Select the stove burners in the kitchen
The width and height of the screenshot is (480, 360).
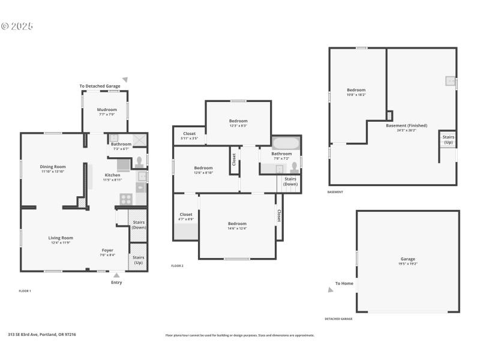127,199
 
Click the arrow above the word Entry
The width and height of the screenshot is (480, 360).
116,275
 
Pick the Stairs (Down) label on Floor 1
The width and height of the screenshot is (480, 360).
139,225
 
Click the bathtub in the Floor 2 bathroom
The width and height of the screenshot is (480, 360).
286,143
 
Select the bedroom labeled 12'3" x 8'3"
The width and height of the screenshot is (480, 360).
238,123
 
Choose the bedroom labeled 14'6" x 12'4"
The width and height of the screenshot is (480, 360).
238,226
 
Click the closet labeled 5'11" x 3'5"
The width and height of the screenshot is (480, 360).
189,136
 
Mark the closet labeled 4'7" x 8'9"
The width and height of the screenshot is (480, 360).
186,216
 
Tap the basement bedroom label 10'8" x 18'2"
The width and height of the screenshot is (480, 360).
356,92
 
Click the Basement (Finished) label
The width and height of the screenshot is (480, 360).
406,127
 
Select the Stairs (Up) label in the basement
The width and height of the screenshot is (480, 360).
448,139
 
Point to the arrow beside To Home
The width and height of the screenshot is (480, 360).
330,289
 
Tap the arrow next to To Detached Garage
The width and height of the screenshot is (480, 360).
125,79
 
